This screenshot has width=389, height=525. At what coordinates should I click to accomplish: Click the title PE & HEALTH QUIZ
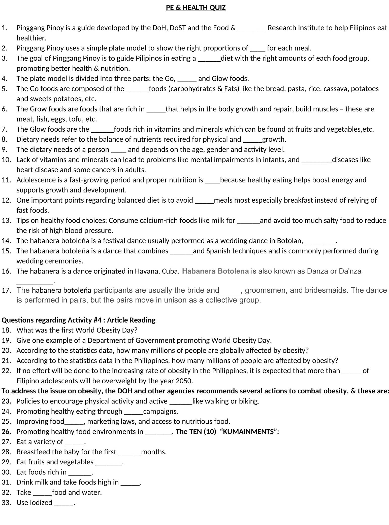point(196,8)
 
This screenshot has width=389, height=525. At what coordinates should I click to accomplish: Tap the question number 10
point(6,160)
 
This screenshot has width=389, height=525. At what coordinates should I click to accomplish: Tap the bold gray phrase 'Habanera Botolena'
point(215,271)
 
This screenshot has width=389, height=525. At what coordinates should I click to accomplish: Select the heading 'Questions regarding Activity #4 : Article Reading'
point(78,320)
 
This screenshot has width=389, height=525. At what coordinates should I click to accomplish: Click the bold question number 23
point(6,401)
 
